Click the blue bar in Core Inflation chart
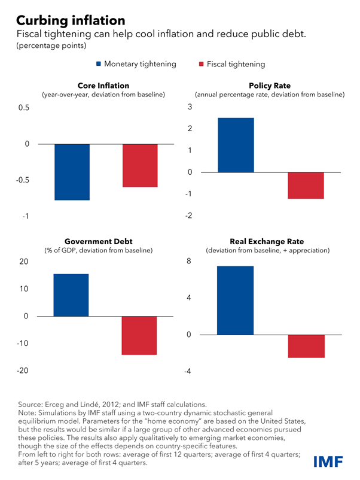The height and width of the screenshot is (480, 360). [72, 172]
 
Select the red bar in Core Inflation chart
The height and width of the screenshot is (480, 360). [140, 166]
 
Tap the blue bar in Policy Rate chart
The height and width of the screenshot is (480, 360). [236, 145]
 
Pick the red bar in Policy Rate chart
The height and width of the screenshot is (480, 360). [306, 186]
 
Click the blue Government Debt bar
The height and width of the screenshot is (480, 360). [71, 295]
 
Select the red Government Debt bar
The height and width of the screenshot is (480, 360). [139, 336]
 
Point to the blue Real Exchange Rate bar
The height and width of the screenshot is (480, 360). [235, 300]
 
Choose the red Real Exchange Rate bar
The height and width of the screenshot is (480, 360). [306, 346]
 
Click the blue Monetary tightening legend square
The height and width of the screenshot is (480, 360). [99, 63]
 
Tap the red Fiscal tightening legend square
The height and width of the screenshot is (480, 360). [202, 64]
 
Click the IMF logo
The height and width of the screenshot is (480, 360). [328, 461]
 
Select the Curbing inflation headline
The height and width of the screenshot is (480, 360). [71, 20]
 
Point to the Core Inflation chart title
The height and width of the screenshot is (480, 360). [103, 86]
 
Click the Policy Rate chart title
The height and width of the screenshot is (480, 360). [270, 86]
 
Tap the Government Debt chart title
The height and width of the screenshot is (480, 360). [99, 241]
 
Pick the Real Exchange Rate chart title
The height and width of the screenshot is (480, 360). [267, 241]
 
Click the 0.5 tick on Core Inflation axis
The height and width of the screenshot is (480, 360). [24, 108]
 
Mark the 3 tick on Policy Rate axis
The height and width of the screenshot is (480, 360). [190, 107]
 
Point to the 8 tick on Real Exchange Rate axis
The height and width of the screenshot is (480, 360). [189, 261]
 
